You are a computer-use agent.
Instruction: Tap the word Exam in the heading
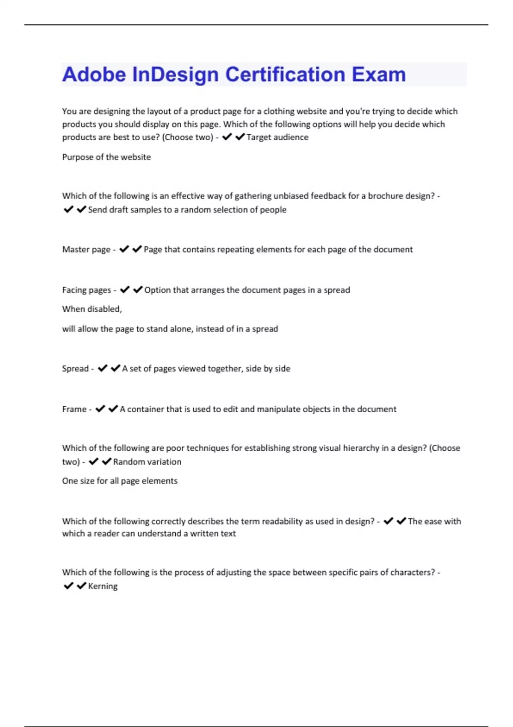tap(378, 74)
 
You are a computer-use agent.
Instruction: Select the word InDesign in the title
tap(175, 75)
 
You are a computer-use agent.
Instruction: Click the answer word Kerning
tap(103, 586)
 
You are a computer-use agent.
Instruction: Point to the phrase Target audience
tap(277, 137)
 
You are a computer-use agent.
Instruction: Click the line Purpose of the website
tap(106, 157)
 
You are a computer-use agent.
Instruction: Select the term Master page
tap(86, 249)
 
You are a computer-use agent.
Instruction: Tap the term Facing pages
tap(86, 290)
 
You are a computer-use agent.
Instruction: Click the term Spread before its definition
tap(75, 369)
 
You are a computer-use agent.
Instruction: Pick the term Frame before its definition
tap(74, 409)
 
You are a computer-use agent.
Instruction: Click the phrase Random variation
tap(147, 462)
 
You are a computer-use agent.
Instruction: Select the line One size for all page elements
tap(120, 481)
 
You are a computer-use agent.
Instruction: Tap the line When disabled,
tap(92, 309)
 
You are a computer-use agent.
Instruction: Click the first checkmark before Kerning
tap(68, 585)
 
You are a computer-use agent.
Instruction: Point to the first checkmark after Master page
tap(124, 249)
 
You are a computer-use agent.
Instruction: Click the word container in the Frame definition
tap(145, 409)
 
